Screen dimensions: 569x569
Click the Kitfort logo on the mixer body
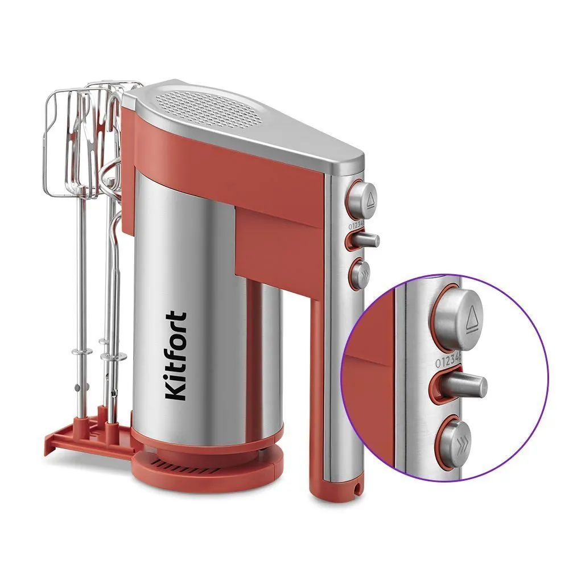(176, 356)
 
